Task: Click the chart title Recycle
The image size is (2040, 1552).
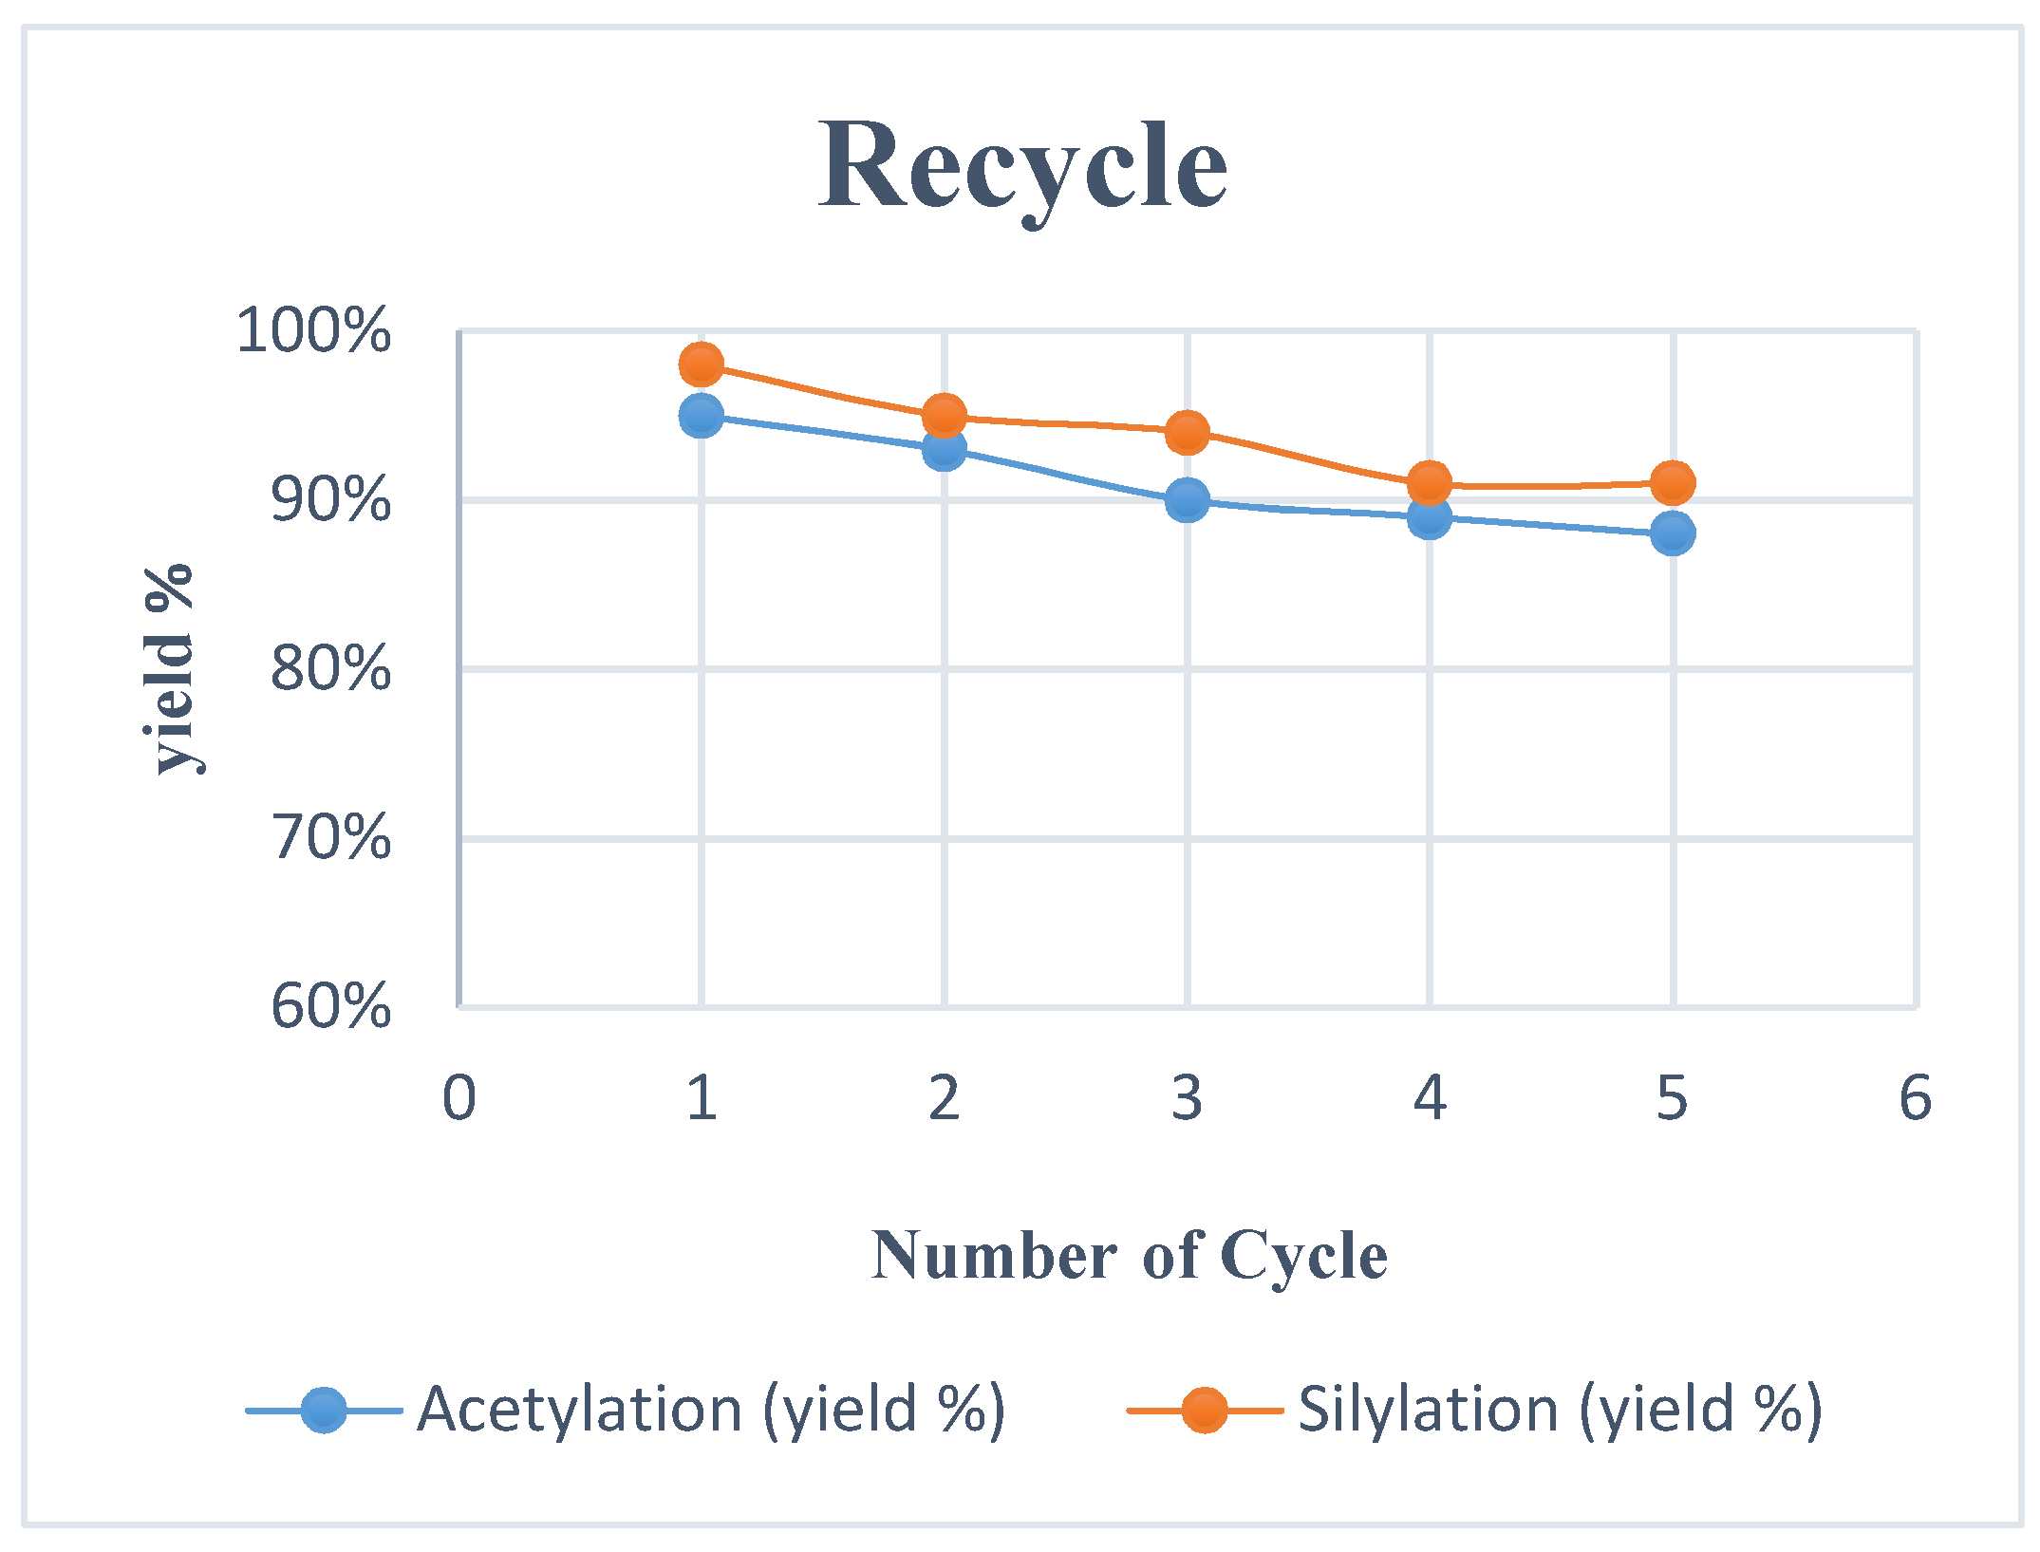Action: click(x=1022, y=166)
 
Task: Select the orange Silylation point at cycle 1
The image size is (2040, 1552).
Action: click(x=702, y=365)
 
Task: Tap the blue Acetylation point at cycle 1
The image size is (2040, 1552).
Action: click(x=702, y=416)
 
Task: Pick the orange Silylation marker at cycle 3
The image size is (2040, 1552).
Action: click(x=1187, y=433)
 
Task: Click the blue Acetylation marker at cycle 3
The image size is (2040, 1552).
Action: click(x=1187, y=499)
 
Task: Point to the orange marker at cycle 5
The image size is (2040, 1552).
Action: click(x=1673, y=483)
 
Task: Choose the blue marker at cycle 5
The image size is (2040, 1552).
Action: click(x=1673, y=533)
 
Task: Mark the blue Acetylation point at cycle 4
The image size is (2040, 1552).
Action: click(x=1430, y=517)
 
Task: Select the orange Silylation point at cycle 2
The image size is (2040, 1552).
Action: click(x=944, y=416)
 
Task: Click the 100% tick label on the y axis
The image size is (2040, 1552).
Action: click(x=313, y=331)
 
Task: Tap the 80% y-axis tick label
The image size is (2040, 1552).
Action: click(x=330, y=669)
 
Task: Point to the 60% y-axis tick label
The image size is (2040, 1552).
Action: click(x=330, y=1007)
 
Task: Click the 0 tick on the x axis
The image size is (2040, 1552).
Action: click(x=459, y=1099)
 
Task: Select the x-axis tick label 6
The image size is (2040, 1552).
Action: click(x=1915, y=1099)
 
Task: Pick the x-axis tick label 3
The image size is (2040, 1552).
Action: click(x=1187, y=1099)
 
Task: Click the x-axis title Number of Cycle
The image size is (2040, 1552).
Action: click(x=1130, y=1256)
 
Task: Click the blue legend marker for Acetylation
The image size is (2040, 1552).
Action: click(x=324, y=1411)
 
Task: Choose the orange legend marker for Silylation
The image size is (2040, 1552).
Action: click(x=1205, y=1411)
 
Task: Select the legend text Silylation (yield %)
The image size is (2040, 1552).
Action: click(x=1560, y=1411)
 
